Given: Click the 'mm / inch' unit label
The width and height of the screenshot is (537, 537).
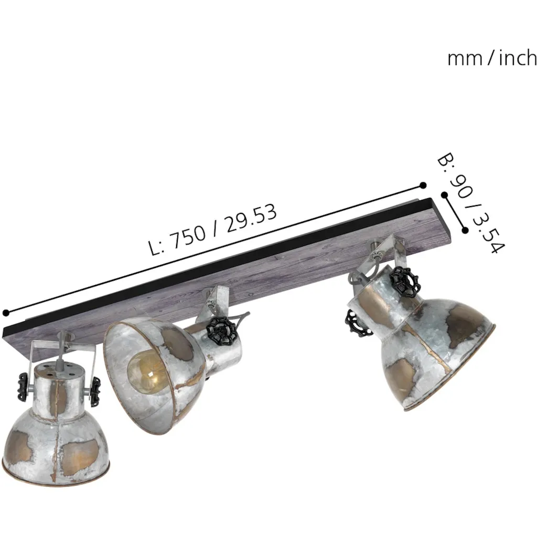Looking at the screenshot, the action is [x=492, y=58].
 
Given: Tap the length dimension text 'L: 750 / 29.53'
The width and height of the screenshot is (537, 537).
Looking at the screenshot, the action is [x=213, y=230].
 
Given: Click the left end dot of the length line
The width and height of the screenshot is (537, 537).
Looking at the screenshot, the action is [x=6, y=313].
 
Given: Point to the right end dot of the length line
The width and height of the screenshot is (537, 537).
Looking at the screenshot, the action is [x=423, y=185].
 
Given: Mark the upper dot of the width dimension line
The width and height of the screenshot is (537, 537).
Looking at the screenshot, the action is [x=445, y=195].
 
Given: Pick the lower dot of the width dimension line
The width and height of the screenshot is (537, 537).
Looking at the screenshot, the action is [x=465, y=230].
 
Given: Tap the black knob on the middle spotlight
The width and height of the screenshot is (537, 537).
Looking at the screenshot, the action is [x=222, y=331].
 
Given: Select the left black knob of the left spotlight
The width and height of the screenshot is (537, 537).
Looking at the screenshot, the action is [x=23, y=386].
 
